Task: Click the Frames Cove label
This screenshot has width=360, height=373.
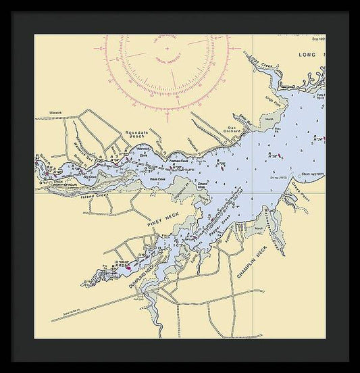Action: tap(179, 162)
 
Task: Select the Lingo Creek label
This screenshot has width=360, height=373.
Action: tap(261, 66)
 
